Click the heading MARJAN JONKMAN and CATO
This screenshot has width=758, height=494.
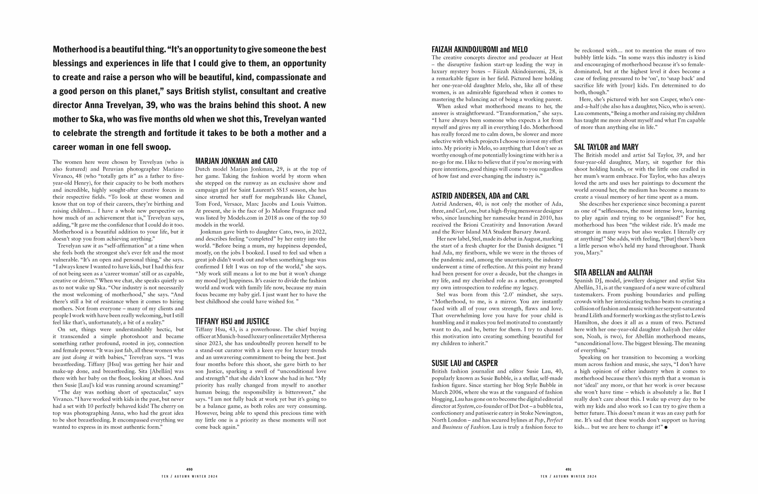pyautogui.click(x=236, y=161)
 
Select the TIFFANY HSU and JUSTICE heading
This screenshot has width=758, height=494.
pyautogui.click(x=232, y=322)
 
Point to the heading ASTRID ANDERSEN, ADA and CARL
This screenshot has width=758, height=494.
pyautogui.click(x=480, y=196)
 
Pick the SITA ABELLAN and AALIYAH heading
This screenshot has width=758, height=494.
pyautogui.click(x=613, y=273)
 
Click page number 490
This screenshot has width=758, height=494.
pyautogui.click(x=189, y=469)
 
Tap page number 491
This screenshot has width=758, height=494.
pyautogui.click(x=568, y=469)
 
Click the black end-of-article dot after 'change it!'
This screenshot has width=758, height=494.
pyautogui.click(x=666, y=428)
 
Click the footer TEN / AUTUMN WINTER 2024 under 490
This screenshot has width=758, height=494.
pyautogui.click(x=189, y=476)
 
